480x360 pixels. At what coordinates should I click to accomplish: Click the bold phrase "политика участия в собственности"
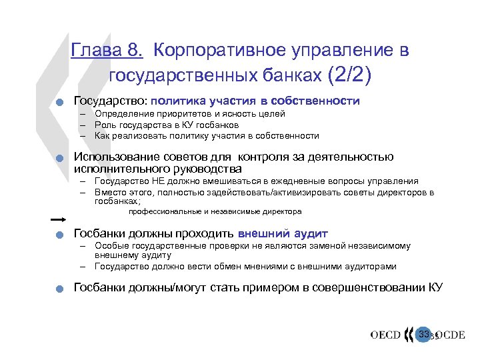coord(255,101)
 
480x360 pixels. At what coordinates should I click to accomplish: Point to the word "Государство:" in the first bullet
coord(110,101)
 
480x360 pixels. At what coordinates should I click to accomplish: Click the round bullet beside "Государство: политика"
coord(59,103)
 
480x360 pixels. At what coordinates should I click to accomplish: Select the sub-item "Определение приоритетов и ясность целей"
coord(189,114)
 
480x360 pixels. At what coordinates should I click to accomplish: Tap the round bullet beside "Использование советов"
coord(59,159)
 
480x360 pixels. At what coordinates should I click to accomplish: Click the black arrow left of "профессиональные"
coord(59,218)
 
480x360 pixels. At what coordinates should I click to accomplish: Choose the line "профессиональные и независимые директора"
coord(215,211)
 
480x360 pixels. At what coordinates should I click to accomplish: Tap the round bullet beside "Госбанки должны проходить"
coord(59,235)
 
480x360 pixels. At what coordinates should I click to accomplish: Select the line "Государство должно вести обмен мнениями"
coord(245,266)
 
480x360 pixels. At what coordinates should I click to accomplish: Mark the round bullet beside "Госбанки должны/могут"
coord(59,289)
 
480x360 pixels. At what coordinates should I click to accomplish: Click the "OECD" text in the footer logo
coord(385,335)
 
